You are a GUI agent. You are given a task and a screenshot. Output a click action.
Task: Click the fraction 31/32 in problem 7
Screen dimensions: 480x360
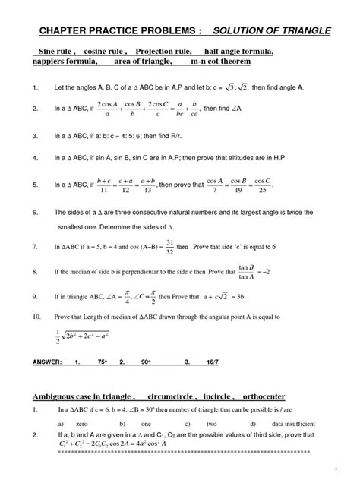[182, 247]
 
